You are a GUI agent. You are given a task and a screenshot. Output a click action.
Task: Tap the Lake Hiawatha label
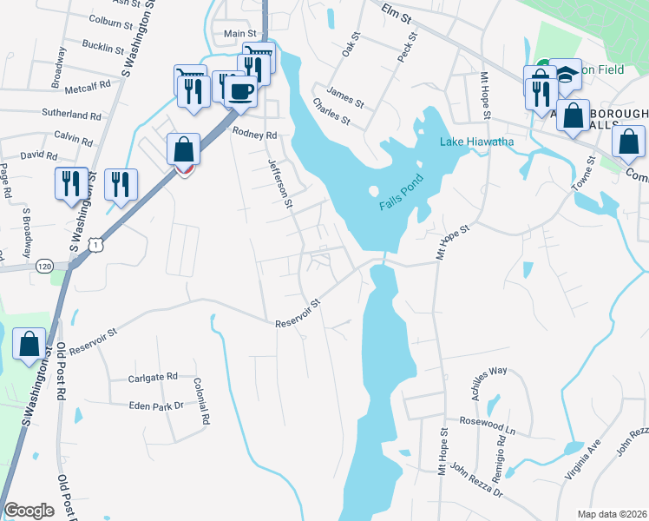pyautogui.click(x=476, y=142)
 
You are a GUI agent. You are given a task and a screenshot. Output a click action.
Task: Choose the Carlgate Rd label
pyautogui.click(x=152, y=377)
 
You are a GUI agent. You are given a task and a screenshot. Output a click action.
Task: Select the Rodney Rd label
pyautogui.click(x=254, y=135)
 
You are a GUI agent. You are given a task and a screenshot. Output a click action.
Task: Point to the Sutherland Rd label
pyautogui.click(x=72, y=114)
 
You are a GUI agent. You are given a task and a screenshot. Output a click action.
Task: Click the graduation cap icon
pyautogui.click(x=566, y=74)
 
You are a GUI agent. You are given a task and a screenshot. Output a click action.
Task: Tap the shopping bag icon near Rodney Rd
pyautogui.click(x=184, y=149)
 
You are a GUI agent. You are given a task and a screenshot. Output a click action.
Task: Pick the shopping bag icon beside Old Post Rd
pyautogui.click(x=29, y=345)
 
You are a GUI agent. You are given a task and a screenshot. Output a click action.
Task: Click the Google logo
pyautogui.click(x=29, y=510)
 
